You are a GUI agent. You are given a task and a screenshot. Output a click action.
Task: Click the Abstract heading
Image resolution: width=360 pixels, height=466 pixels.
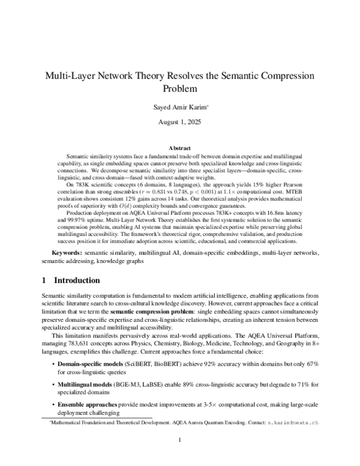179,148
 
